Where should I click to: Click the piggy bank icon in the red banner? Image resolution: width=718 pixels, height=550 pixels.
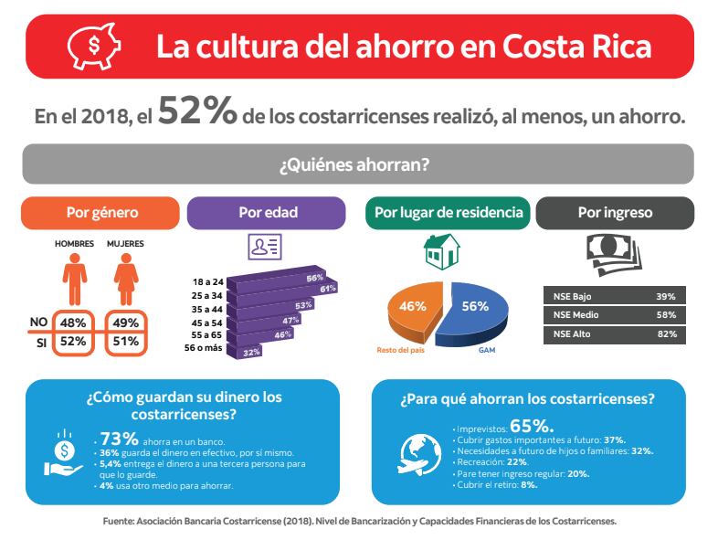coord(85,46)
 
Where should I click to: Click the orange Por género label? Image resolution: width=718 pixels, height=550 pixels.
coord(102,213)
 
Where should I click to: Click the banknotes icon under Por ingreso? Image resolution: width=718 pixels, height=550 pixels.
coord(613,253)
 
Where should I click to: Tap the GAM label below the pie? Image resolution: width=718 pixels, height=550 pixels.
coord(487,349)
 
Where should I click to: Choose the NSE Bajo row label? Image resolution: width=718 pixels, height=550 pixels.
coord(573,296)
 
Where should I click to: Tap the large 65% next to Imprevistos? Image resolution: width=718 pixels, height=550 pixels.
coord(532,425)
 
